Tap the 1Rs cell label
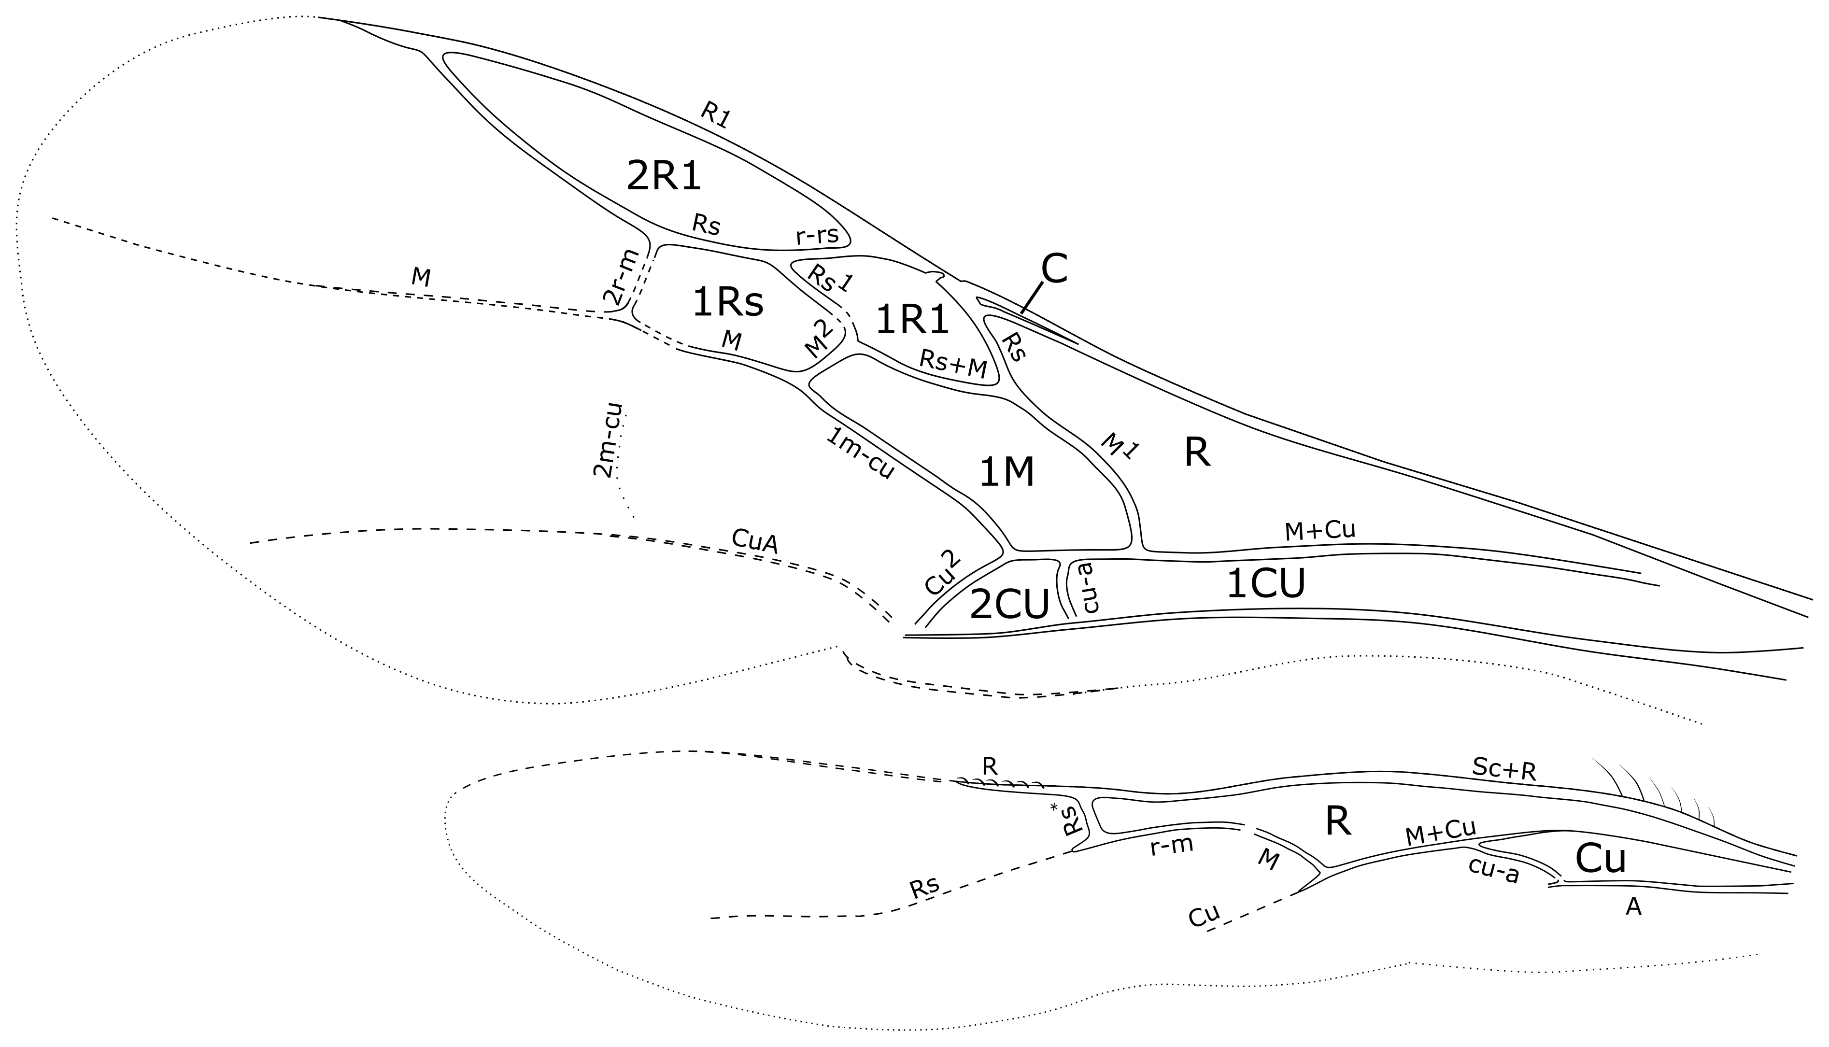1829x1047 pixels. pyautogui.click(x=727, y=303)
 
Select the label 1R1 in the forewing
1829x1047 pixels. pyautogui.click(x=912, y=320)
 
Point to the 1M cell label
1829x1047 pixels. pyautogui.click(x=1007, y=473)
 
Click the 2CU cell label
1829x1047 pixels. pyautogui.click(x=1009, y=605)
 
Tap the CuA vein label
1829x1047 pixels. pyautogui.click(x=754, y=541)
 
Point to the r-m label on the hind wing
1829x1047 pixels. pyautogui.click(x=1171, y=846)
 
